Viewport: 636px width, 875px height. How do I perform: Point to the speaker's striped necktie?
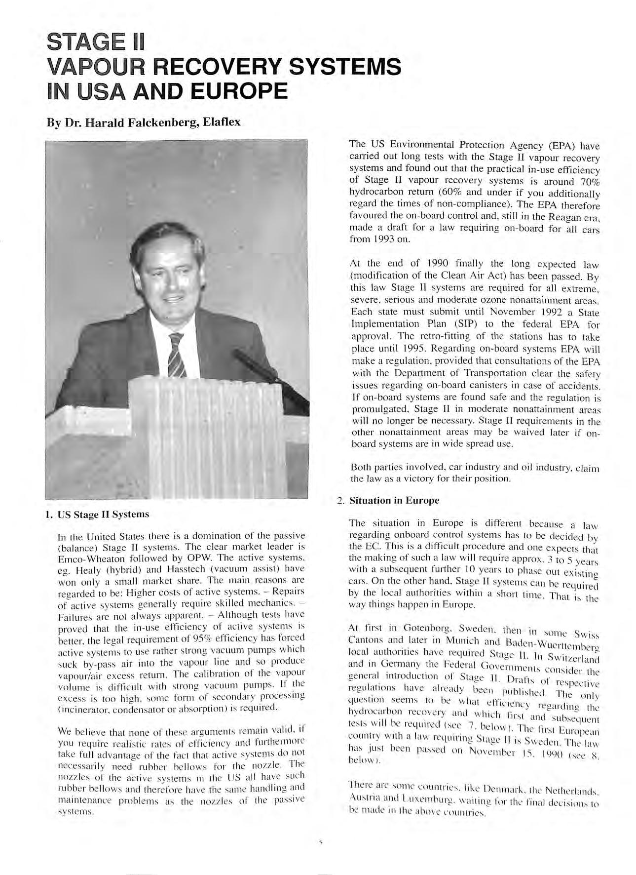[176, 355]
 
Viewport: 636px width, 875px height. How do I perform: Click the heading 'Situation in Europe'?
[394, 500]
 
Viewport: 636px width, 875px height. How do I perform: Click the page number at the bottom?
[319, 842]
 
